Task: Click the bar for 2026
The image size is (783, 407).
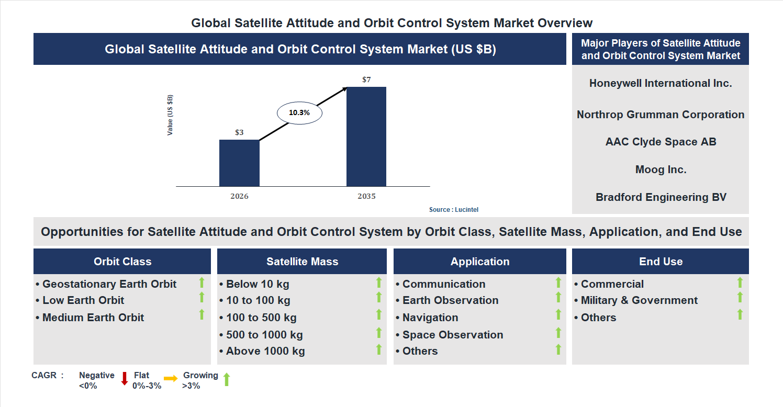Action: (x=239, y=163)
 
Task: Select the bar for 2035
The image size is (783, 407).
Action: (x=366, y=137)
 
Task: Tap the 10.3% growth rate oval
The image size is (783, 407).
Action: (x=299, y=112)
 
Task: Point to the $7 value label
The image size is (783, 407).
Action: (x=366, y=80)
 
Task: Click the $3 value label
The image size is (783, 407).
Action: (x=239, y=132)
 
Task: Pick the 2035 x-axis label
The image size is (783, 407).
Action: (x=366, y=197)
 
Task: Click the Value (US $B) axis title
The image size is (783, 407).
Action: (x=170, y=115)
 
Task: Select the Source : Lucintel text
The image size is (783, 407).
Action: (x=453, y=210)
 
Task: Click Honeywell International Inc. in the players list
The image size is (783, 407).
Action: (x=661, y=83)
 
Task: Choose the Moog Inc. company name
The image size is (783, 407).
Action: (x=661, y=169)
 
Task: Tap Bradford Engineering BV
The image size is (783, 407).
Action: (x=661, y=197)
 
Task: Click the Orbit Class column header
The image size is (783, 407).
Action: (x=122, y=262)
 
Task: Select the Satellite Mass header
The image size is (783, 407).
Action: (x=302, y=262)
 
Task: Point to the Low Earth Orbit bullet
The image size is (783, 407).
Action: (x=83, y=300)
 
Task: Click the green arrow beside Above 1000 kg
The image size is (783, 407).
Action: (x=379, y=349)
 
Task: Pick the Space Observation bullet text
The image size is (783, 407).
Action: (x=452, y=335)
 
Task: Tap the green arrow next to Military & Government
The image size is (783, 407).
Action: (x=740, y=298)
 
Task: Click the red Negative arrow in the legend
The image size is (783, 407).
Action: (x=125, y=378)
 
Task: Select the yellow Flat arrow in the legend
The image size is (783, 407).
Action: (x=171, y=378)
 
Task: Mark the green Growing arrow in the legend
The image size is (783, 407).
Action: (x=227, y=379)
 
